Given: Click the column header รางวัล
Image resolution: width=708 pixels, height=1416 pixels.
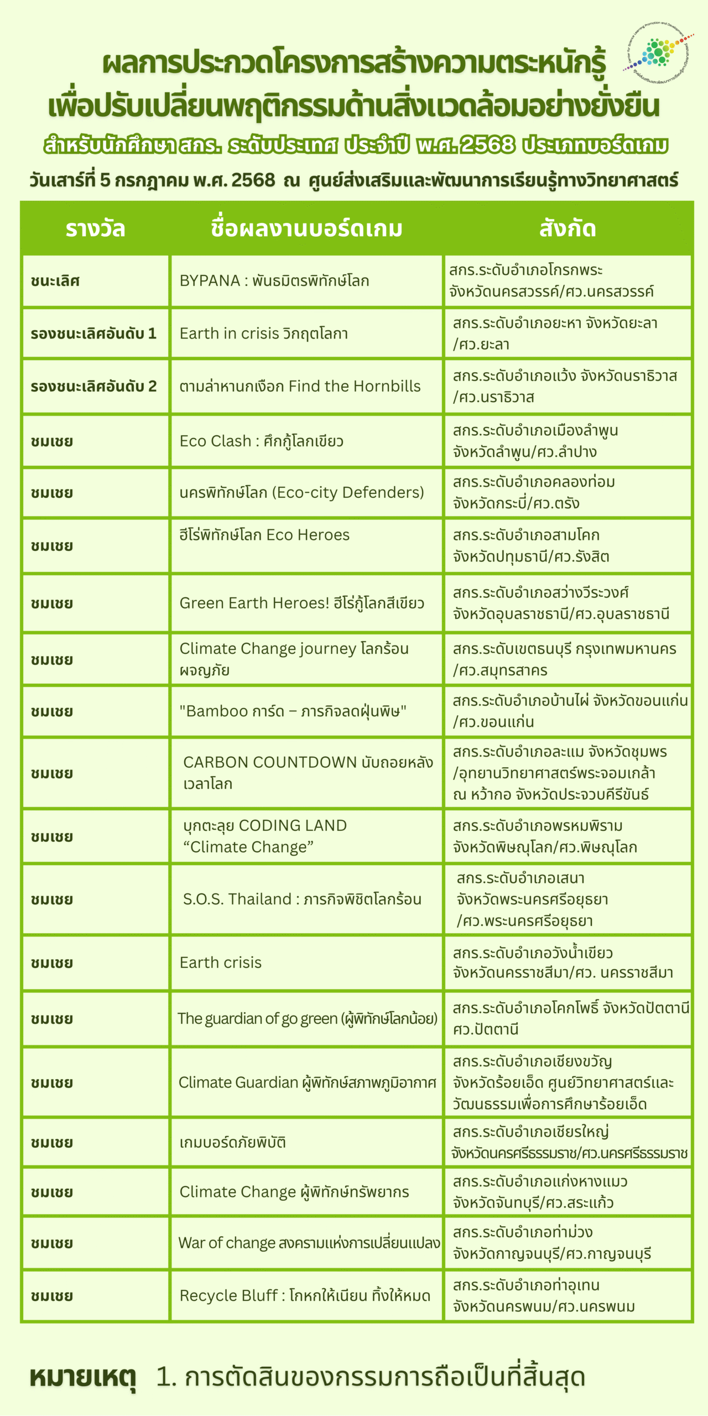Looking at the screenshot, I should coord(95,228).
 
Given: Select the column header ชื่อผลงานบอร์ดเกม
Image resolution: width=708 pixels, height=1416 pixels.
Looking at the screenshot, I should coord(306,228).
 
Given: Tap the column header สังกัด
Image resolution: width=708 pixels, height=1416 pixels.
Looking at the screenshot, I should coord(568,228).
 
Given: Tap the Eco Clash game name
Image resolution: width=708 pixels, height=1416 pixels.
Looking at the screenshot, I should coord(262,441).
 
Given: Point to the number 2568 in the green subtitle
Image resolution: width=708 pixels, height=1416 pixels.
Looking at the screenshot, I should coord(487,145).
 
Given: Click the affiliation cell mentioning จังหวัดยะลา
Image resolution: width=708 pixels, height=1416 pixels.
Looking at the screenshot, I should coord(568,334).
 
